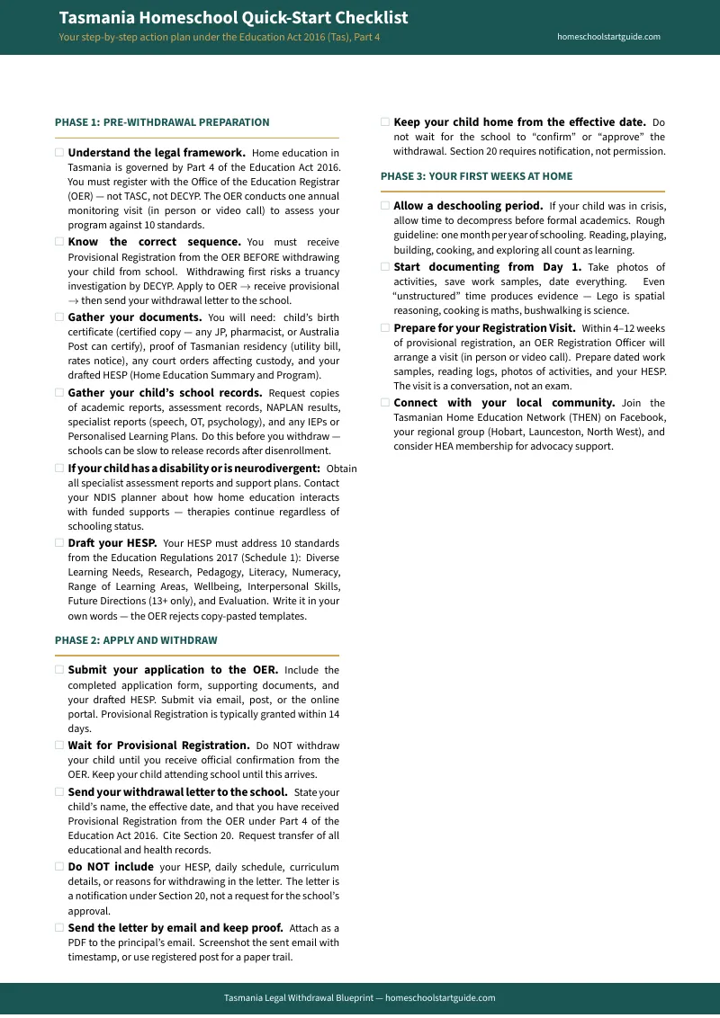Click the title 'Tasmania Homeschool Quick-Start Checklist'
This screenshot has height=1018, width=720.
pos(233,18)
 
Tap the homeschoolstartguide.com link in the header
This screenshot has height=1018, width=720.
pos(608,37)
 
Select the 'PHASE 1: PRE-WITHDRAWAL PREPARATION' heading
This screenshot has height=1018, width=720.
pos(162,122)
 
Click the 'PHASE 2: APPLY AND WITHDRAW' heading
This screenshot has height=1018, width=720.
pos(136,640)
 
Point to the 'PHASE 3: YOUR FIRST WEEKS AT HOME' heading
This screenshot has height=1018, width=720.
pos(476,176)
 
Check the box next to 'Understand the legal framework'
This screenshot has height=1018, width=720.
pos(59,153)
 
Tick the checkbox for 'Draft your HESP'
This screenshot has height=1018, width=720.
pos(59,543)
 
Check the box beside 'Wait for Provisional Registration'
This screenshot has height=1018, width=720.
pos(59,746)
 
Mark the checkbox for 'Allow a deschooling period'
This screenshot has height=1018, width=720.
pos(385,206)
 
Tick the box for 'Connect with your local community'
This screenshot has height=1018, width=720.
pos(385,403)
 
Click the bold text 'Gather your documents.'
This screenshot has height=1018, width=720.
pos(134,317)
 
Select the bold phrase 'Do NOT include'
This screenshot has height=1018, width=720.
pos(111,867)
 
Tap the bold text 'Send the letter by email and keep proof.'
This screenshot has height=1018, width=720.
pos(175,927)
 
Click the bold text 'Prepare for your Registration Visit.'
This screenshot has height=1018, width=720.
pos(484,327)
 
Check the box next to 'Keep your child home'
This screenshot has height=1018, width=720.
pos(385,122)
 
